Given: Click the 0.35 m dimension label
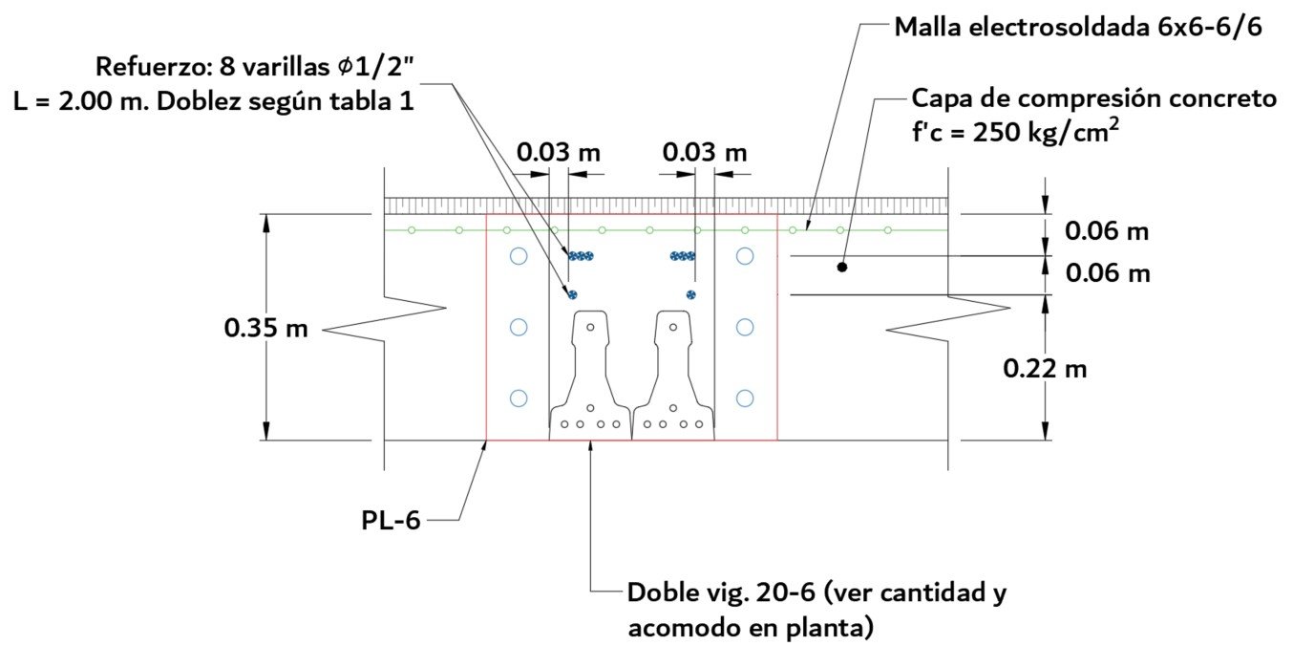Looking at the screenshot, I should [x=265, y=328].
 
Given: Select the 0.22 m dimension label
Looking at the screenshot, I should [x=1045, y=367].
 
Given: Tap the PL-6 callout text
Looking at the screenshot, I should [x=391, y=521].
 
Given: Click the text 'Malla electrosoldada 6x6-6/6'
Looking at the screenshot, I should [x=1078, y=27].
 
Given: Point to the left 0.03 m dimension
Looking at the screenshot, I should [x=559, y=152].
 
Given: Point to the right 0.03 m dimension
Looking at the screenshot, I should [x=705, y=152].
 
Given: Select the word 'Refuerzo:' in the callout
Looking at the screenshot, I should [x=140, y=68].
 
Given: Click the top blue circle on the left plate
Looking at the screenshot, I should [x=519, y=256].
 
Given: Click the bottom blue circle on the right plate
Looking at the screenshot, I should [x=745, y=398].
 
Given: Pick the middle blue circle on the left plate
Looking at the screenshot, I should [x=519, y=327].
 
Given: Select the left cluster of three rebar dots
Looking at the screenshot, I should [x=581, y=256].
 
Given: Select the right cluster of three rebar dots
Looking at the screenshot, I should [x=683, y=256].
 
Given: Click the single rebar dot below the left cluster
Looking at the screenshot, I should [x=572, y=293].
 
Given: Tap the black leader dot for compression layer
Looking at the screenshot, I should [x=842, y=268].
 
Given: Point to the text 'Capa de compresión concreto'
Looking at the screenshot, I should [x=1093, y=98].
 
